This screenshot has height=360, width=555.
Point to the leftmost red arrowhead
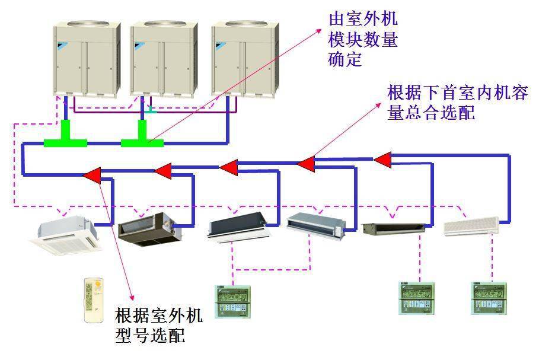(92, 174)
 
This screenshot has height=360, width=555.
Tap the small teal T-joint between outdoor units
(152, 110)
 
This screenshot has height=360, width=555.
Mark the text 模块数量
(362, 40)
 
